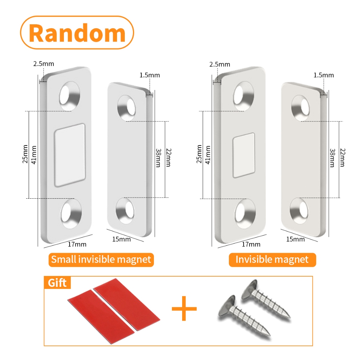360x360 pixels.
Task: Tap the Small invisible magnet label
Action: point(101,260)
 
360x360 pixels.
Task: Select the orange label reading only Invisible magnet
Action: point(272,260)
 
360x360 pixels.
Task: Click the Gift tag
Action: point(57,282)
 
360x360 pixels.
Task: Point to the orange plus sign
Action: point(184,308)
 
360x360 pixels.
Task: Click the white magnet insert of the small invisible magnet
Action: point(70,155)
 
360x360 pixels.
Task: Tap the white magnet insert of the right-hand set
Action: point(244,155)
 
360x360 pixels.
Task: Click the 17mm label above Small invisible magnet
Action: point(78,244)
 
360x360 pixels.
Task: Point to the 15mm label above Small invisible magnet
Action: point(122,239)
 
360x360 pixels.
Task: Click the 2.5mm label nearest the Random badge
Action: point(44,64)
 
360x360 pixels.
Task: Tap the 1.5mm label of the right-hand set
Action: point(323,75)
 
